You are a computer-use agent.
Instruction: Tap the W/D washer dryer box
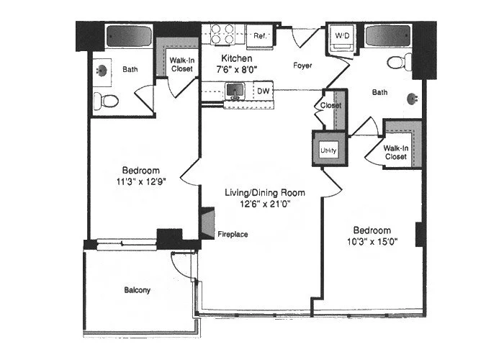pos(339,35)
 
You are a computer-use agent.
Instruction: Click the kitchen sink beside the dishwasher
pos(233,91)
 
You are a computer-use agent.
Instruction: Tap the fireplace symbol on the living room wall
pos(208,223)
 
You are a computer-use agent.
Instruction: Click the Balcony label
pos(136,291)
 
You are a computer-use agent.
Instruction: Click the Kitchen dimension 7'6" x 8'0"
pos(235,70)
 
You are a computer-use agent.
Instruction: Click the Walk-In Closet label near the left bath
pos(181,65)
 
